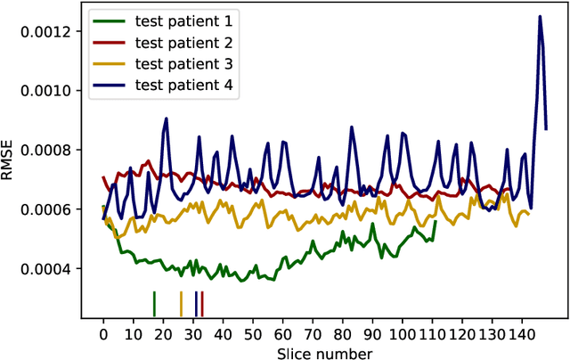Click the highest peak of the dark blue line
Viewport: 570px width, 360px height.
point(540,16)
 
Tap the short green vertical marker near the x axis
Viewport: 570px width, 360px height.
point(154,304)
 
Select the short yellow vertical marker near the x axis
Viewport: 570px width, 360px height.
point(181,304)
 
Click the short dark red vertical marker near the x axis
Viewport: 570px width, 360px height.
point(202,304)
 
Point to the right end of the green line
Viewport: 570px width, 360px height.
point(435,222)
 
